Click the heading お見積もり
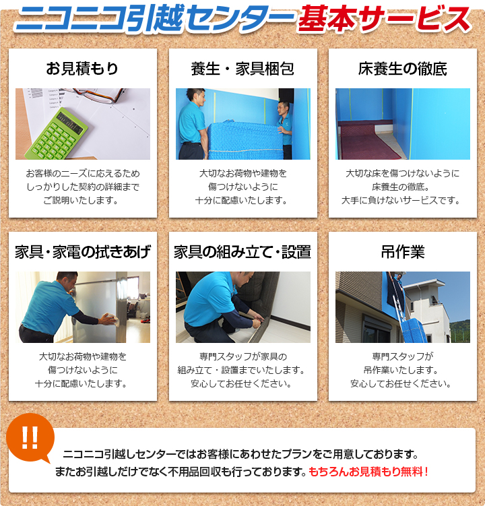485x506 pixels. pyautogui.click(x=82, y=69)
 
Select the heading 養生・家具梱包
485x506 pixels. pyautogui.click(x=243, y=69)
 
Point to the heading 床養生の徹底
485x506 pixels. pyautogui.click(x=402, y=69)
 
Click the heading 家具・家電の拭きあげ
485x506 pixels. pyautogui.click(x=82, y=253)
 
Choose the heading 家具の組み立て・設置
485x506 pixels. pyautogui.click(x=243, y=253)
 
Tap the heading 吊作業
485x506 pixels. pyautogui.click(x=402, y=253)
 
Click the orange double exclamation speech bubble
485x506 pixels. pyautogui.click(x=30, y=437)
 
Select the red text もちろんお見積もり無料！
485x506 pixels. pyautogui.click(x=368, y=472)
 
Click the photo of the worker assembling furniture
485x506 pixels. pyautogui.click(x=243, y=307)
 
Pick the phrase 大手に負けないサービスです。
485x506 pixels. pyautogui.click(x=402, y=200)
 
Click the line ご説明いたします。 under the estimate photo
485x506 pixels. pyautogui.click(x=82, y=200)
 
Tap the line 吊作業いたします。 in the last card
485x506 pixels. pyautogui.click(x=402, y=370)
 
